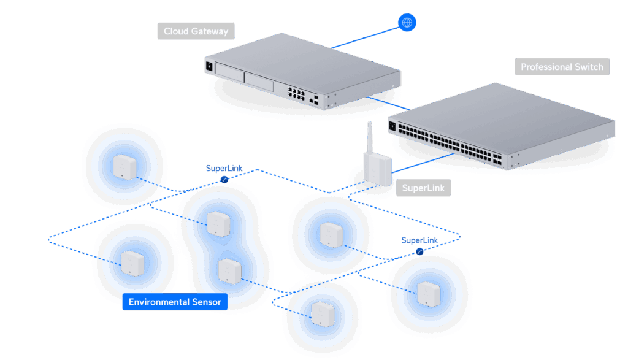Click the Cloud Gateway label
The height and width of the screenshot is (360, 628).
[x=196, y=31]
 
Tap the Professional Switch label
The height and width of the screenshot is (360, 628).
[x=562, y=67]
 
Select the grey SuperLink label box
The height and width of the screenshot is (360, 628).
[x=423, y=188]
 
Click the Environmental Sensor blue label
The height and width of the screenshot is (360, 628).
[x=175, y=302]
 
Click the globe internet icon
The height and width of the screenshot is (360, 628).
[x=407, y=23]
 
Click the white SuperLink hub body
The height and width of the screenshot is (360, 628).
[x=375, y=167]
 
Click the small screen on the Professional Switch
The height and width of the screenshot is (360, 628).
[x=392, y=127]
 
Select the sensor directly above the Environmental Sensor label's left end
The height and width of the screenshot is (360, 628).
[x=131, y=263]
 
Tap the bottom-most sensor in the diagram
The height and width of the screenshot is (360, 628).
[x=321, y=313]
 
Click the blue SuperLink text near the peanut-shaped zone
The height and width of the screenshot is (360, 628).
[x=224, y=168]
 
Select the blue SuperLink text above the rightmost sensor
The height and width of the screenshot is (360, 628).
[x=421, y=240]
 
